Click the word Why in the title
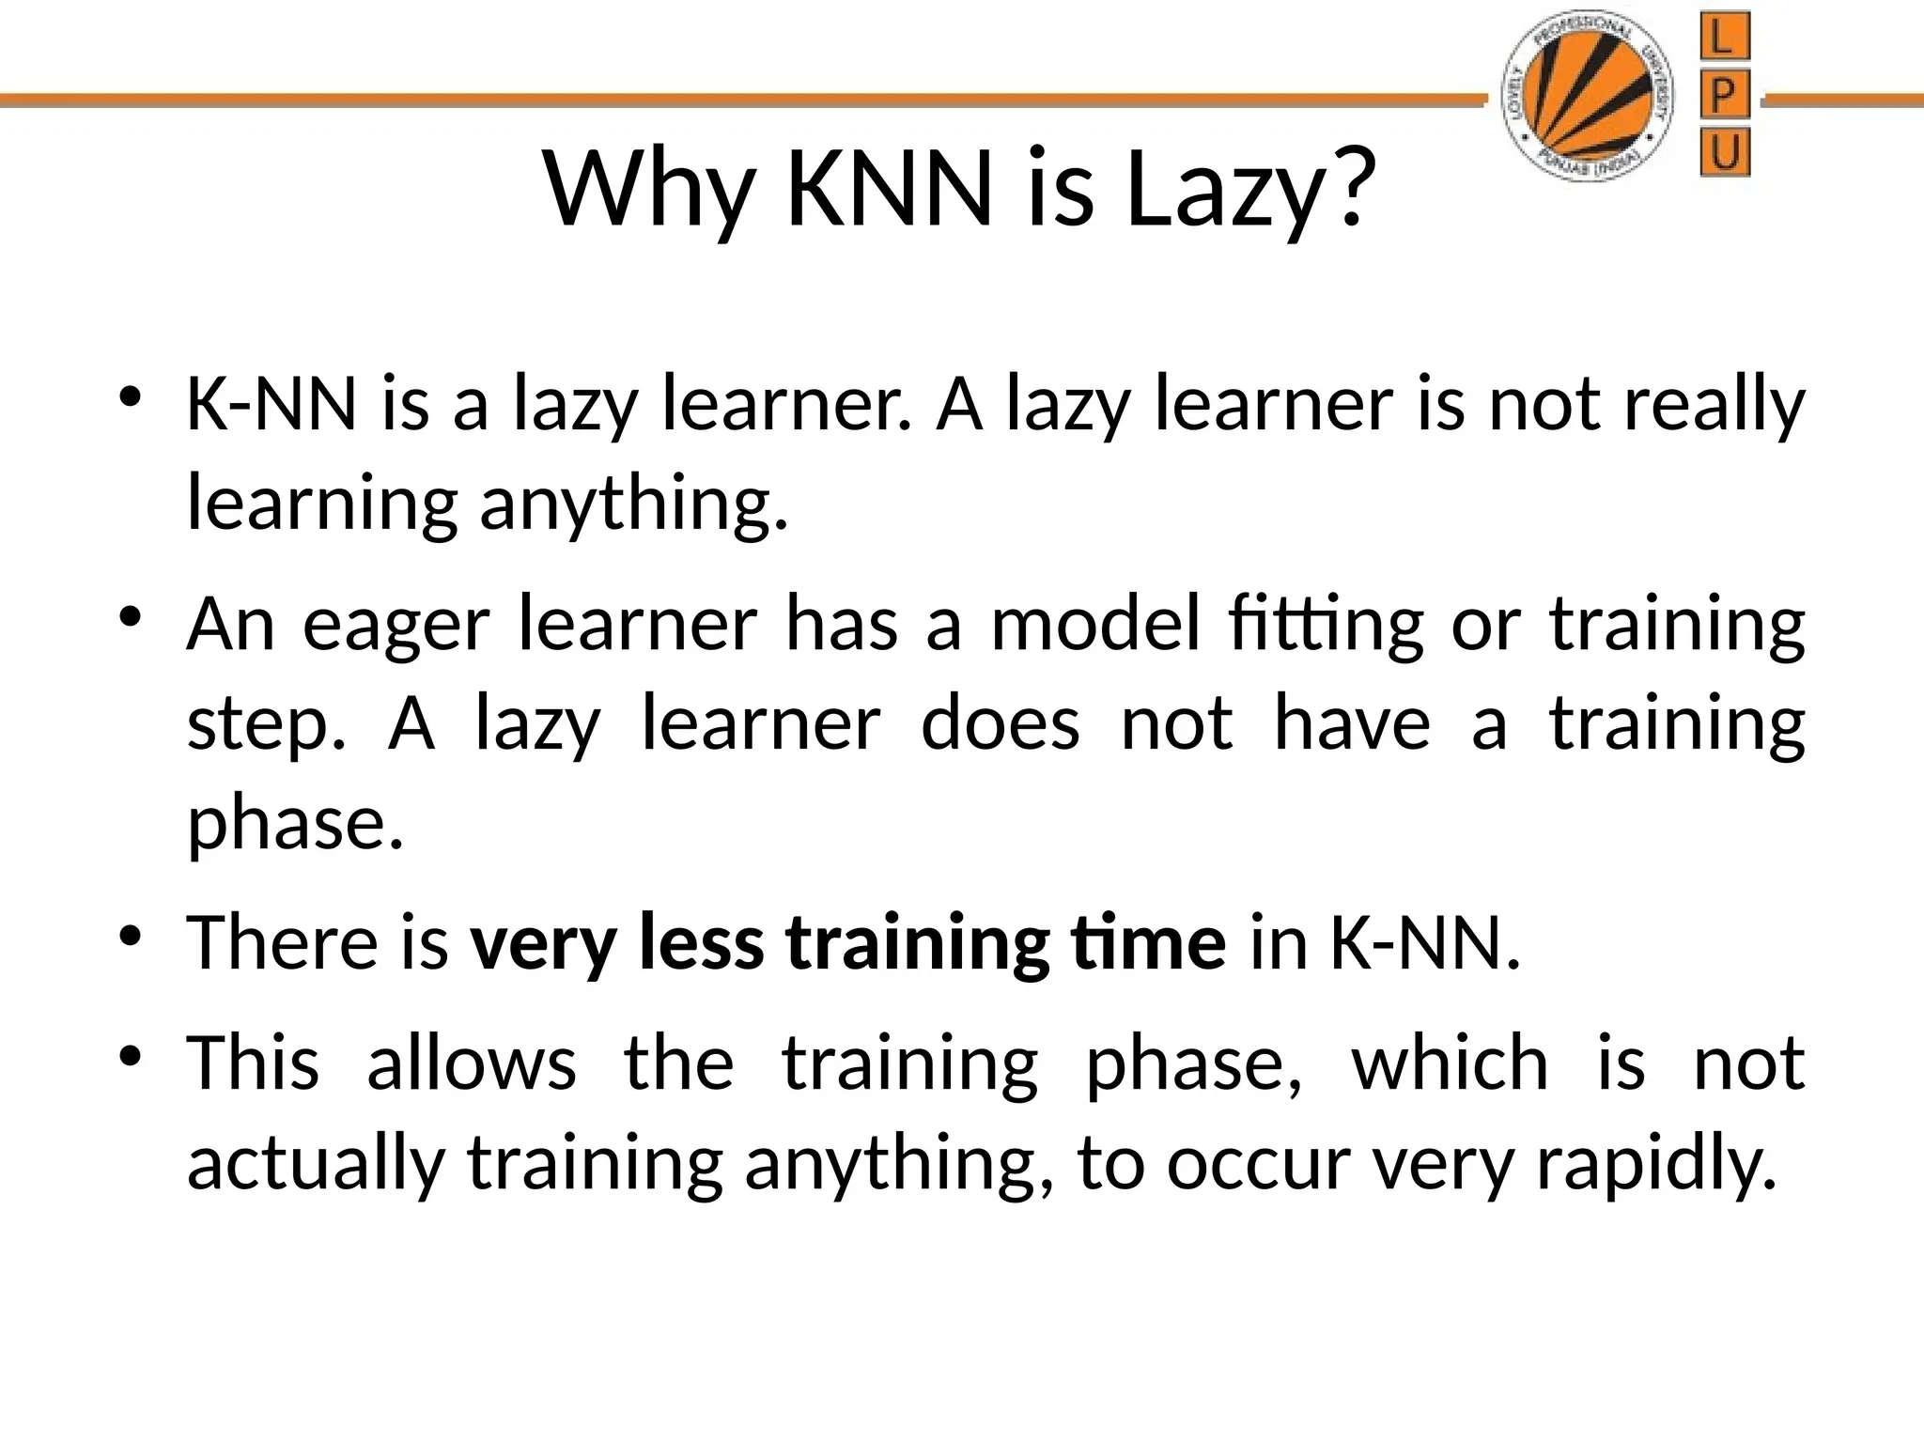click(x=648, y=191)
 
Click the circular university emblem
click(x=1590, y=98)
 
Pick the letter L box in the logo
click(x=1725, y=39)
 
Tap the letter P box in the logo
click(x=1725, y=96)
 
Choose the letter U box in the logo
click(x=1725, y=152)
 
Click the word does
click(x=1000, y=725)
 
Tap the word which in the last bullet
click(x=1449, y=1063)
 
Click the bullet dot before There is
click(x=131, y=936)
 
